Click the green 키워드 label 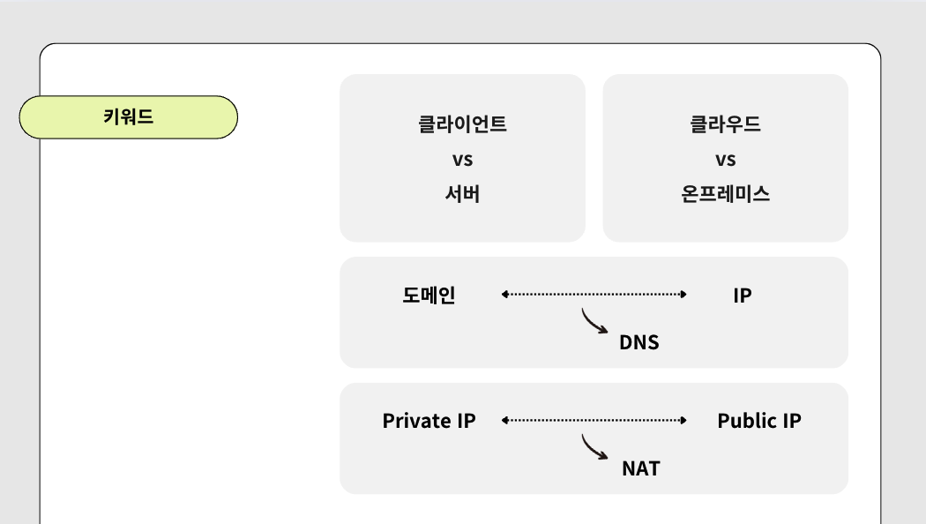tap(129, 117)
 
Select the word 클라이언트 tap(462, 124)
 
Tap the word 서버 tap(462, 194)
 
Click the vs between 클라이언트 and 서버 tap(462, 160)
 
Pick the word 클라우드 tap(725, 124)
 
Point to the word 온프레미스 tap(725, 194)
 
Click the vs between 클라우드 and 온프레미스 tap(725, 160)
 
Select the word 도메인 tap(429, 295)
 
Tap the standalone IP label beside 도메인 tap(742, 296)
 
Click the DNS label tap(638, 342)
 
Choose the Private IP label tap(429, 421)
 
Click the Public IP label tap(758, 421)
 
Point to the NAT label tap(640, 468)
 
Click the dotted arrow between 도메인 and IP tap(594, 295)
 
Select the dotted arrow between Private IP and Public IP tap(594, 421)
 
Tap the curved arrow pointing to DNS tap(594, 321)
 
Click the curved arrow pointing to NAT tap(594, 447)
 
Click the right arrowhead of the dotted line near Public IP tap(683, 421)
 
